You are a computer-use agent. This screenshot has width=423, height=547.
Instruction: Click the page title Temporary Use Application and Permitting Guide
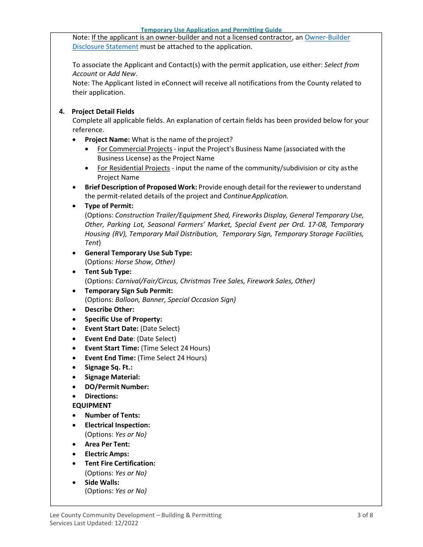[x=211, y=30]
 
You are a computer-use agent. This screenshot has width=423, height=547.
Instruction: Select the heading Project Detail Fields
[x=103, y=112]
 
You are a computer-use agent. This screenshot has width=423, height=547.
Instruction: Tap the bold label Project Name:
[x=107, y=140]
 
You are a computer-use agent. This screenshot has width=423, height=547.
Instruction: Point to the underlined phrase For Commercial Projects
[x=134, y=149]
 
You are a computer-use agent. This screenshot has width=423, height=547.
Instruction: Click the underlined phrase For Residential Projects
[x=134, y=168]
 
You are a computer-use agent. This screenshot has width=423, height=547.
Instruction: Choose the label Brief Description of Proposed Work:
[x=141, y=187]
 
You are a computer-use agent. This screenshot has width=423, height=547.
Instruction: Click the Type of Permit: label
[x=109, y=206]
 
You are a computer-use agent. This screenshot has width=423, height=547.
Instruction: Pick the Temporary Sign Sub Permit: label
[x=129, y=291]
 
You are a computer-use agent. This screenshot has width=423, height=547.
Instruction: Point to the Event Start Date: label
[x=112, y=329]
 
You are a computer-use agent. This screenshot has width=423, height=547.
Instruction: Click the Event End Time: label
[x=110, y=358]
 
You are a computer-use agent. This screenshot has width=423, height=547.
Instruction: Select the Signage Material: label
[x=112, y=377]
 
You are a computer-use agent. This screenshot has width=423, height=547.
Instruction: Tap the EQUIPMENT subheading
[x=92, y=406]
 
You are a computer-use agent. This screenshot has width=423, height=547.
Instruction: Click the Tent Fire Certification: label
[x=120, y=463]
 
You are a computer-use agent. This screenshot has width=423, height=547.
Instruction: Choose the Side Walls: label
[x=102, y=483]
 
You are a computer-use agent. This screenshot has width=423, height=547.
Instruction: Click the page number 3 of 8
[x=365, y=515]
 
